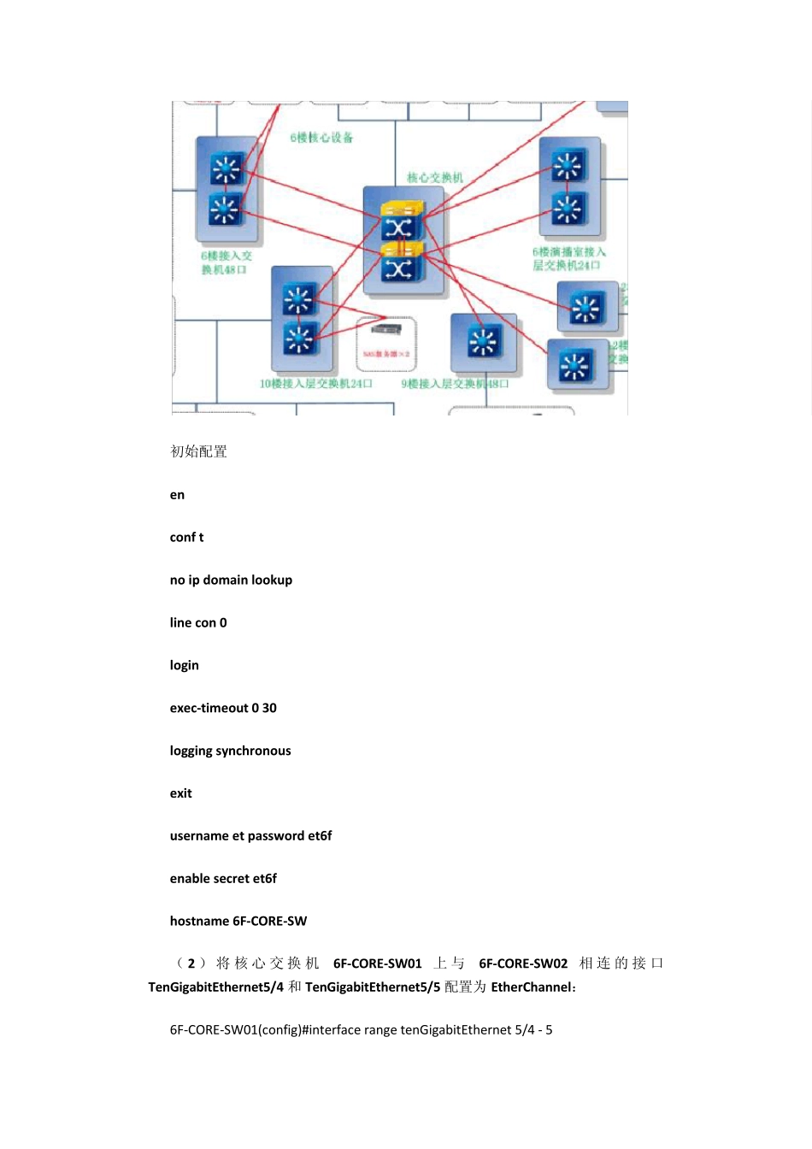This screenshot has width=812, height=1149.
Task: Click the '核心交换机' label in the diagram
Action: (x=434, y=178)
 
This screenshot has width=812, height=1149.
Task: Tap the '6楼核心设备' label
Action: (x=321, y=138)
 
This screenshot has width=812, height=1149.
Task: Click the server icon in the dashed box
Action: (x=386, y=329)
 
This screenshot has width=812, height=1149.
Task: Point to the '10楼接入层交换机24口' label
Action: (x=315, y=384)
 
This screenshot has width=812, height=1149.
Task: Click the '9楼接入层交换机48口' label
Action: (x=455, y=384)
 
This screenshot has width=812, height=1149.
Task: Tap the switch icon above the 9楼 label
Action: (x=484, y=342)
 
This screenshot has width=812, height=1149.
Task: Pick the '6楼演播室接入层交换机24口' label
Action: (x=568, y=259)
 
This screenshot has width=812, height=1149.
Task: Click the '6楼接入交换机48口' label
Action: (x=226, y=262)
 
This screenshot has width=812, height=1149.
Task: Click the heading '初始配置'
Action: (x=198, y=451)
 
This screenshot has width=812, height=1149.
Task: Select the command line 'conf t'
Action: (x=186, y=538)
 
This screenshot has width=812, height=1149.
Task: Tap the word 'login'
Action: (x=184, y=666)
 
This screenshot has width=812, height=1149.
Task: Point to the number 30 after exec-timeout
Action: (x=269, y=709)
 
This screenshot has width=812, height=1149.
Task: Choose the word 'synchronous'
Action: (x=254, y=751)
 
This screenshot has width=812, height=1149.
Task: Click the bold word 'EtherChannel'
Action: (x=531, y=987)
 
